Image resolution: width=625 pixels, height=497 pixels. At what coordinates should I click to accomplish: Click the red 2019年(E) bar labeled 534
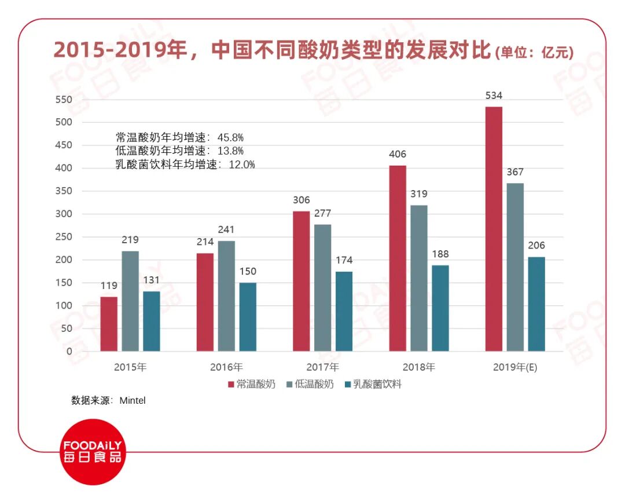coord(494,229)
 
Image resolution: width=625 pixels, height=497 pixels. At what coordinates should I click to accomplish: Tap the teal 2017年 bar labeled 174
coord(344,311)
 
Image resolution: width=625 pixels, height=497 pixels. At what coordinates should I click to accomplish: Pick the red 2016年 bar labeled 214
coord(205,302)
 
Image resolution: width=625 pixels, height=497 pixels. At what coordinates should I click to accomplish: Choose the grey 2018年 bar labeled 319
coord(419,278)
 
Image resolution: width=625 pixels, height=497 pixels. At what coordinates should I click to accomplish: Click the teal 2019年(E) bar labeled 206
coord(536,304)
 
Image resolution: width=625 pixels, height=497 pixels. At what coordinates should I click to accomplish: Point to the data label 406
coord(398,155)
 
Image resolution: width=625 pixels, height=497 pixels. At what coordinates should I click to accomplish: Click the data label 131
coord(151,280)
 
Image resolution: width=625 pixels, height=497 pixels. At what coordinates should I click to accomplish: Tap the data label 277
coord(322,214)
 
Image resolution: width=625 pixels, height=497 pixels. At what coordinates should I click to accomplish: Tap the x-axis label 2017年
coord(323,367)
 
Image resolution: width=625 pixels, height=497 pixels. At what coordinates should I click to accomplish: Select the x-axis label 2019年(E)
coord(515,367)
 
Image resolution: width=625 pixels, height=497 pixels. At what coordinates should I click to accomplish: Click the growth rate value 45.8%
coord(230,138)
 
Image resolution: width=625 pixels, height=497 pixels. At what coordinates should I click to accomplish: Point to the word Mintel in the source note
coord(133,400)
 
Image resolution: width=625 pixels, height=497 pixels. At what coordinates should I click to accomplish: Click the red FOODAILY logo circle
coord(93,452)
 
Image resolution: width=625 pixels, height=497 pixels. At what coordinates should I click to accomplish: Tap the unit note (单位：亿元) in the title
coord(534,53)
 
